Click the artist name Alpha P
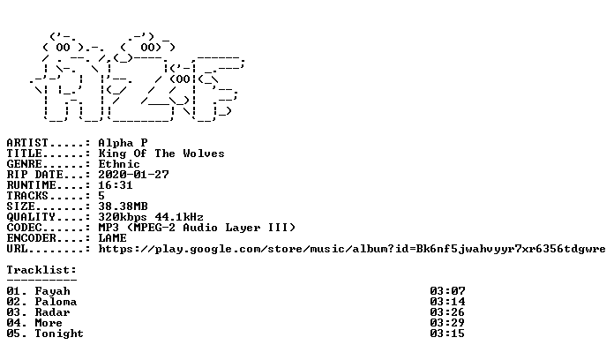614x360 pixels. click(123, 143)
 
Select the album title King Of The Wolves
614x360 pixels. click(161, 154)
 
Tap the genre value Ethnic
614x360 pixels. click(119, 164)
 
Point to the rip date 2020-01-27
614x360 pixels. click(133, 175)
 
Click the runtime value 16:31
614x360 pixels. click(116, 185)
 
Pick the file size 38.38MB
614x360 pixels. click(123, 206)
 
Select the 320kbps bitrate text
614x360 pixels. click(123, 217)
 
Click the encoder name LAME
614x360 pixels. click(112, 237)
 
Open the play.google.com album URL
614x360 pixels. click(352, 249)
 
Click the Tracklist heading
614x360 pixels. click(41, 270)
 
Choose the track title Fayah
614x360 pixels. click(52, 291)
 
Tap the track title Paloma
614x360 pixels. click(56, 302)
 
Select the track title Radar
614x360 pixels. click(52, 312)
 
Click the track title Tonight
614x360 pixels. click(59, 334)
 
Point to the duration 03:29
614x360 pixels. click(447, 323)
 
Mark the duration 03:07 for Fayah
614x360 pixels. click(447, 291)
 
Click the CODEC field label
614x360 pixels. click(25, 228)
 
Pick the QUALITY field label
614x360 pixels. click(31, 217)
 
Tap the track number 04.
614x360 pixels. click(14, 323)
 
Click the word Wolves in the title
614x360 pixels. click(204, 154)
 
